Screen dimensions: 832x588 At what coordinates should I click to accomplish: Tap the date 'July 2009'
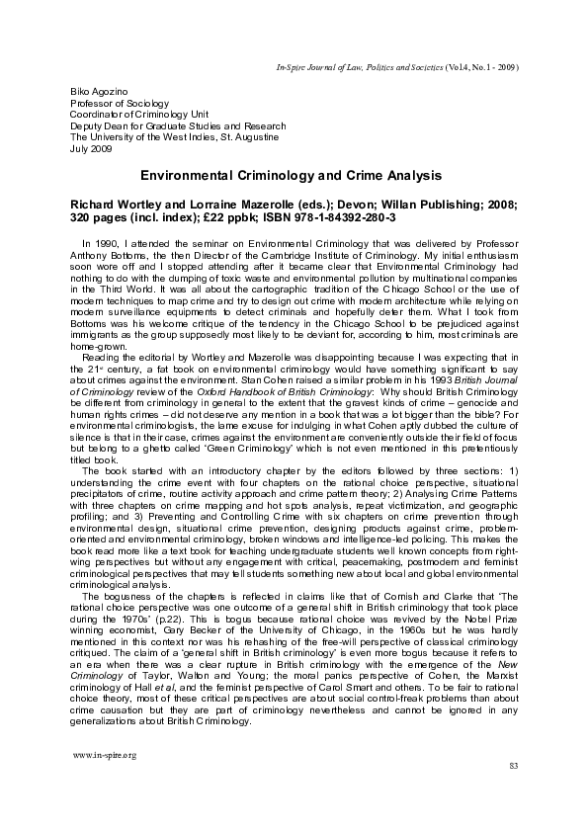click(x=91, y=150)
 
